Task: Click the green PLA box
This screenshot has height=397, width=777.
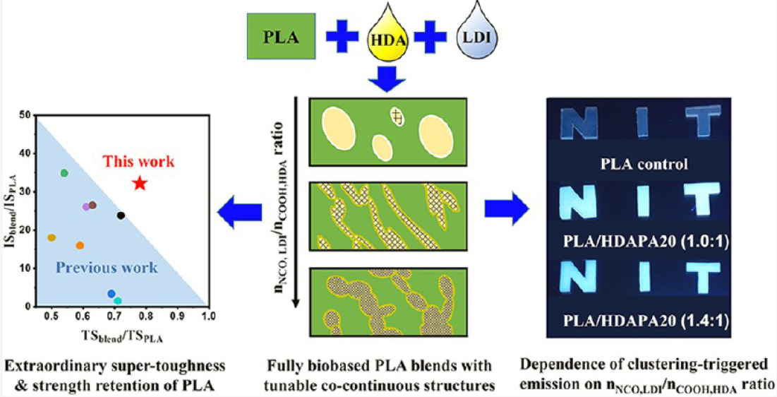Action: point(281,36)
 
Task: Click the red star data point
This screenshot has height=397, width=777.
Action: point(140,183)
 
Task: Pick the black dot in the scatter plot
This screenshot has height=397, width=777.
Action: point(121,215)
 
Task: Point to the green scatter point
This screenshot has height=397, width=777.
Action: point(64,172)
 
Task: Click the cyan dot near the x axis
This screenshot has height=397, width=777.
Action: point(117,301)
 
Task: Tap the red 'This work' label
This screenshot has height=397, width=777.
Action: point(139,161)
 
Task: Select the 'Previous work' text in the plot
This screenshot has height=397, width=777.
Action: point(107,268)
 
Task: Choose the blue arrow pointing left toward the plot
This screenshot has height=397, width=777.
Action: point(239,213)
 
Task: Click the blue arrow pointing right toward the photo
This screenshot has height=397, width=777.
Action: point(507,209)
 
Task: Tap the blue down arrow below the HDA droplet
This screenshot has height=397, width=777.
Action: point(386,78)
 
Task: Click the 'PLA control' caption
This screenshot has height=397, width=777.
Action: point(644,163)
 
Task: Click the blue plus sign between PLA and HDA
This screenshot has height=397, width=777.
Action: point(342,36)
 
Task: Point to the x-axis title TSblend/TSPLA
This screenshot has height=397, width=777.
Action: point(122,336)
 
